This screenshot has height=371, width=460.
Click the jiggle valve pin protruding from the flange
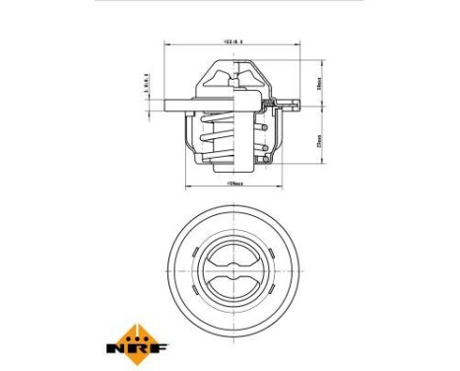click(289, 100)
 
